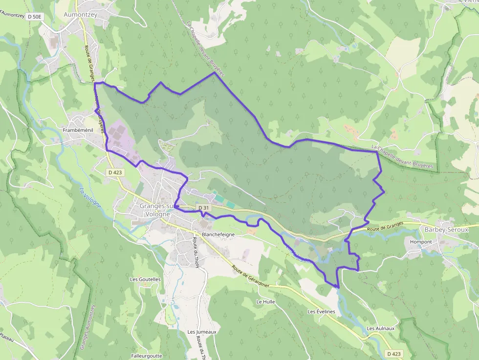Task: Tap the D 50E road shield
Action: click(x=35, y=17)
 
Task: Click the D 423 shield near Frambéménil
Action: click(x=115, y=172)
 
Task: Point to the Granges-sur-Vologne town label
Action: click(x=155, y=210)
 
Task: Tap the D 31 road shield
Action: click(x=204, y=208)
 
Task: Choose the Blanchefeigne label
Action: click(x=218, y=234)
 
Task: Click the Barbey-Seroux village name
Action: click(x=446, y=230)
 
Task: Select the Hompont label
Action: click(x=421, y=242)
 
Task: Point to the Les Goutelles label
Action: click(x=145, y=279)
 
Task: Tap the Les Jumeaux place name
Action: click(x=202, y=332)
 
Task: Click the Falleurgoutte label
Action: click(x=147, y=356)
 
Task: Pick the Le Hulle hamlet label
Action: click(x=265, y=302)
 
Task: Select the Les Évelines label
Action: click(x=321, y=312)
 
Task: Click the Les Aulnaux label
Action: click(x=380, y=328)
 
